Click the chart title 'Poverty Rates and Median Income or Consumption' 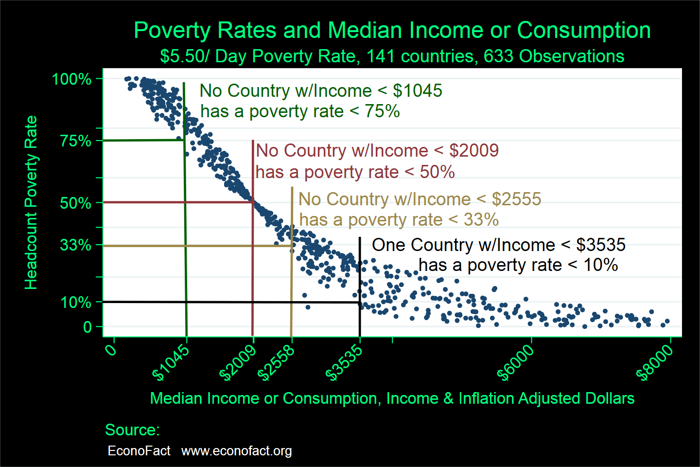pyautogui.click(x=392, y=30)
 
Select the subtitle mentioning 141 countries pyautogui.click(x=392, y=56)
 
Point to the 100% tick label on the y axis pyautogui.click(x=71, y=79)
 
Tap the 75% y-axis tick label pyautogui.click(x=75, y=141)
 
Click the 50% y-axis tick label pyautogui.click(x=75, y=203)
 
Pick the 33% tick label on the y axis pyautogui.click(x=75, y=245)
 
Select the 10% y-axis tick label pyautogui.click(x=75, y=302)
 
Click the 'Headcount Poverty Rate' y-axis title pyautogui.click(x=31, y=202)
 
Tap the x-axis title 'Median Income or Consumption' pyautogui.click(x=392, y=398)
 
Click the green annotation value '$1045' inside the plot pyautogui.click(x=417, y=91)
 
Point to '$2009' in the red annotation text pyautogui.click(x=473, y=151)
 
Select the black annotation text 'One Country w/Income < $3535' pyautogui.click(x=498, y=245)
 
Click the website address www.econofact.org pyautogui.click(x=236, y=451)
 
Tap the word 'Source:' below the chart pyautogui.click(x=132, y=430)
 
